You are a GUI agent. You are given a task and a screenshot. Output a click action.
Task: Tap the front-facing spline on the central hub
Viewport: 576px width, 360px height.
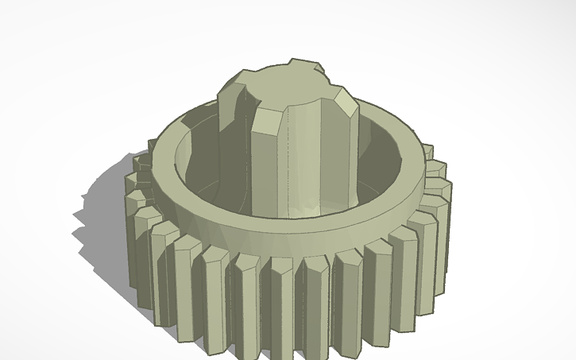pyautogui.click(x=270, y=163)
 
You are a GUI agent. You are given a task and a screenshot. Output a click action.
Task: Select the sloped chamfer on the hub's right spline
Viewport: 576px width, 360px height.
pyautogui.click(x=346, y=103)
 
